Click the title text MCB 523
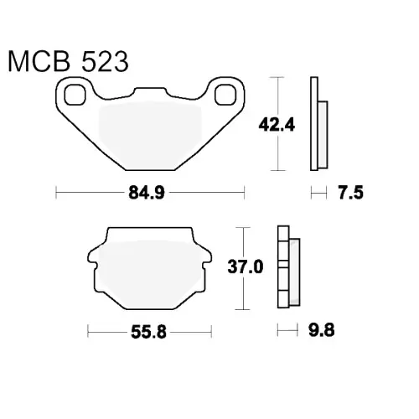(x=69, y=61)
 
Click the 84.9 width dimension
(x=147, y=193)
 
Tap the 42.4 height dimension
(x=277, y=125)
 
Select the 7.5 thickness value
(x=351, y=193)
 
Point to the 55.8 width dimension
(x=148, y=332)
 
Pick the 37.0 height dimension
(x=246, y=266)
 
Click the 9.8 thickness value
(x=321, y=330)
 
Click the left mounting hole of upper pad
(x=75, y=95)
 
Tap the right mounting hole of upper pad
(x=225, y=95)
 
